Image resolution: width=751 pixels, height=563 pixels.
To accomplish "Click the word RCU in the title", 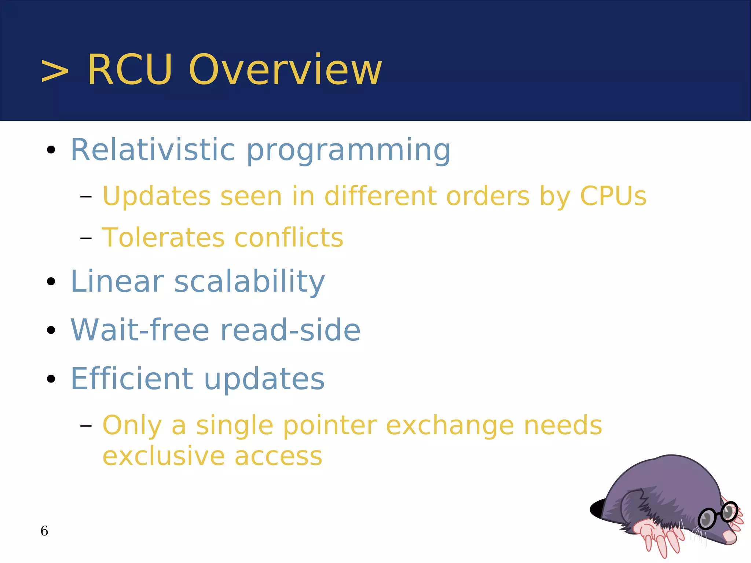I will pos(130,70).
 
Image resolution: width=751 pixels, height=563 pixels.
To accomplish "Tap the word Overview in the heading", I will pos(285,70).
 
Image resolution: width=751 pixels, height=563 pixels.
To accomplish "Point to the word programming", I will pos(348,151).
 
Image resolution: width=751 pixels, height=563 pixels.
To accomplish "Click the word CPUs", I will pos(613,196).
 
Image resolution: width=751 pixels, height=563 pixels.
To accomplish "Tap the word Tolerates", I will pos(163,238).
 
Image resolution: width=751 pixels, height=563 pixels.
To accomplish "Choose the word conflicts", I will pos(289,238).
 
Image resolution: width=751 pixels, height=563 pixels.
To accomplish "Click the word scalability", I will pos(249,282).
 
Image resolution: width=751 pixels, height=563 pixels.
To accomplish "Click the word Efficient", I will pos(131,379).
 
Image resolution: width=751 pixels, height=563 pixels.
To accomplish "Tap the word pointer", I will pos(330,426).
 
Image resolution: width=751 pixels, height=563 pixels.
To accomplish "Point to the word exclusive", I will pos(164,456).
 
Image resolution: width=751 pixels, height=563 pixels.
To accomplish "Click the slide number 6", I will pos(44,531).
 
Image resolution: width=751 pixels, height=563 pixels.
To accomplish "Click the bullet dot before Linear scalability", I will pos(51,282).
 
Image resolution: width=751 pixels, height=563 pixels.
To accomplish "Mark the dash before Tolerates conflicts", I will pos(86,238).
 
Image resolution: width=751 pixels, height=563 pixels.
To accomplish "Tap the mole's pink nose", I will pos(730,538).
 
